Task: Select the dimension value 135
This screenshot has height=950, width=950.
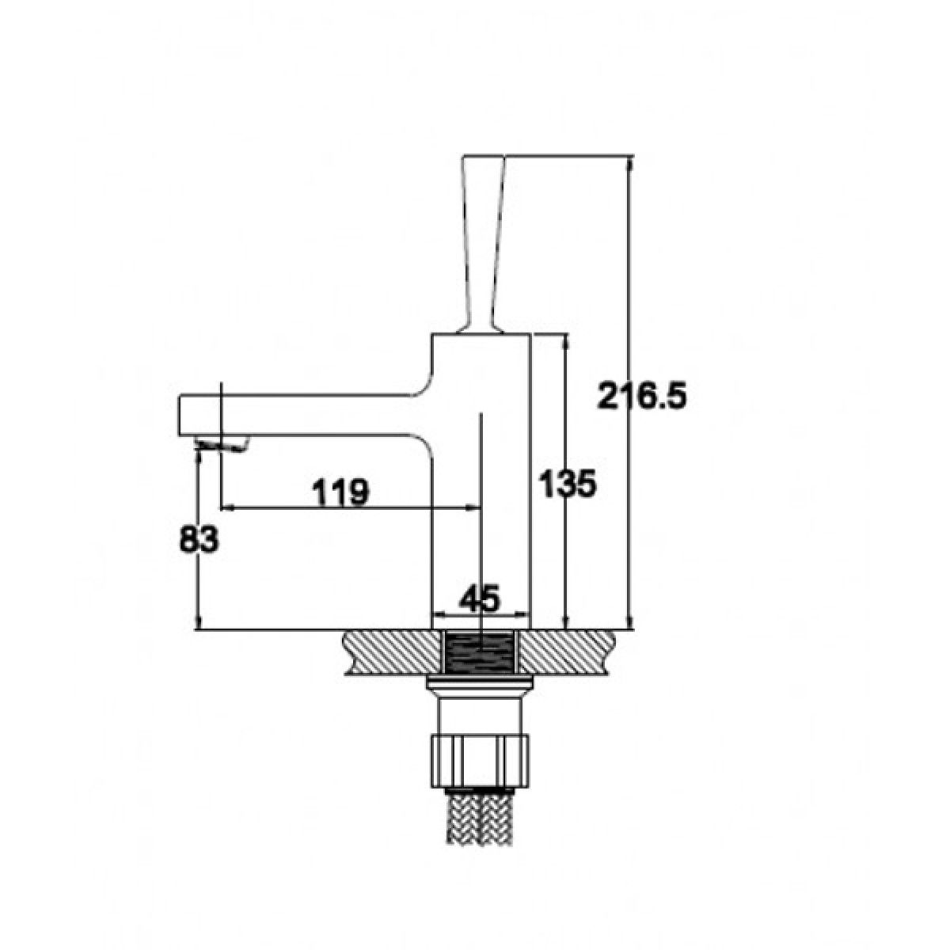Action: click(568, 484)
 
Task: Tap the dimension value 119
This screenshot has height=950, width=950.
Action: click(340, 492)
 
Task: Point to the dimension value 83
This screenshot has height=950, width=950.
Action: click(199, 539)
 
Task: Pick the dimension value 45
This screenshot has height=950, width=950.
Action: click(479, 598)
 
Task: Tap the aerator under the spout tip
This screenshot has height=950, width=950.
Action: click(222, 443)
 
